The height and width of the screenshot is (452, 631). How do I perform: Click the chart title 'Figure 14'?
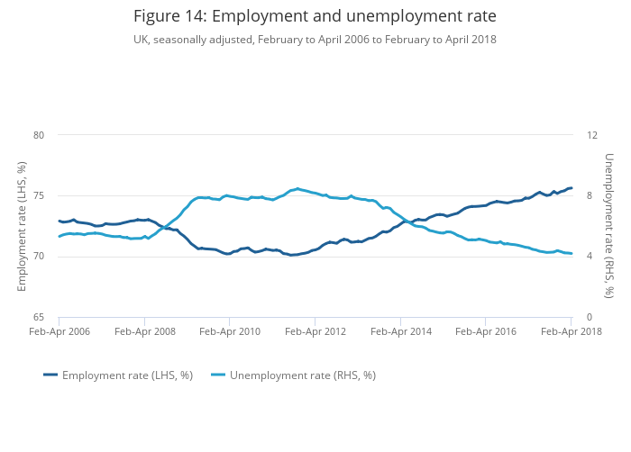(315, 16)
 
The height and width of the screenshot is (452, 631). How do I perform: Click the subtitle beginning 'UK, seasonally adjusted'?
(315, 40)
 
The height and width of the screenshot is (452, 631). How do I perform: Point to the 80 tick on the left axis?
(39, 135)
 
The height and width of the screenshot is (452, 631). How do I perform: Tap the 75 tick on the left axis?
(39, 196)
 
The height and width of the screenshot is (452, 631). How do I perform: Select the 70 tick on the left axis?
(39, 257)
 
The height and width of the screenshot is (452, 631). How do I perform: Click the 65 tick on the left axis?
(39, 317)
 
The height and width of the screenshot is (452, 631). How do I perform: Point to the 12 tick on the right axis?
(592, 135)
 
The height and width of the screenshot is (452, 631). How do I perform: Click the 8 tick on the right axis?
(590, 196)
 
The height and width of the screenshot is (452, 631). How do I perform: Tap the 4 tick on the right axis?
(590, 257)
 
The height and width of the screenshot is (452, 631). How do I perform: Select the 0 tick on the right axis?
(590, 317)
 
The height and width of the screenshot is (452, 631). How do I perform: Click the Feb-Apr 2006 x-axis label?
(59, 331)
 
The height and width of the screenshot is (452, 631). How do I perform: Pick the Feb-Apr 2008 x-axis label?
(144, 331)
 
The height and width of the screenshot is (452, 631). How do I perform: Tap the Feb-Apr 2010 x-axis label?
(229, 331)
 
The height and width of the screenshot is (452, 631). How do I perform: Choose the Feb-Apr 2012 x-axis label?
(315, 331)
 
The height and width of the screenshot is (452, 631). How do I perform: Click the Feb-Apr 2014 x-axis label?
(400, 331)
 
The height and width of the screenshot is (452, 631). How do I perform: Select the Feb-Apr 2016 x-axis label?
(486, 331)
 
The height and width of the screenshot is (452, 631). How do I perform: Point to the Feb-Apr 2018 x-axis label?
(571, 331)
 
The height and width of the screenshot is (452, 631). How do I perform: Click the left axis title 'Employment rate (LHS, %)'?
(22, 226)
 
